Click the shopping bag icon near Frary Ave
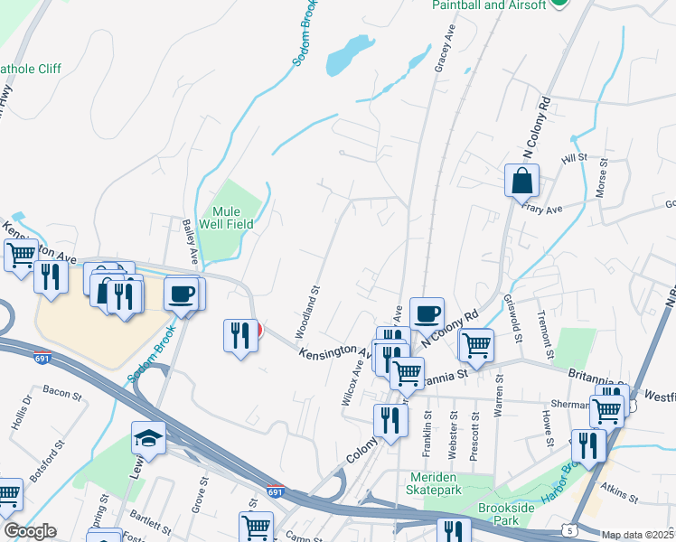pyautogui.click(x=522, y=181)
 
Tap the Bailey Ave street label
pyautogui.click(x=189, y=239)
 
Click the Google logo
pyautogui.click(x=30, y=531)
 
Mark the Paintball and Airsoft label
pyautogui.click(x=488, y=5)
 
